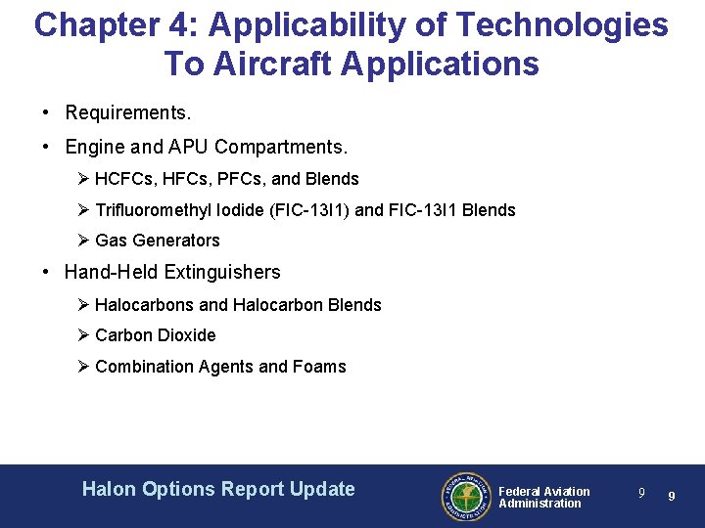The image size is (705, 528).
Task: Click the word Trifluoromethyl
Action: (x=151, y=210)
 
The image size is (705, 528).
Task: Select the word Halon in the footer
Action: (x=109, y=489)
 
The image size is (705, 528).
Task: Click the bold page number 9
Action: (x=672, y=497)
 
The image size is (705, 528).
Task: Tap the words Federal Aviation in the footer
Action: (x=544, y=491)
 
